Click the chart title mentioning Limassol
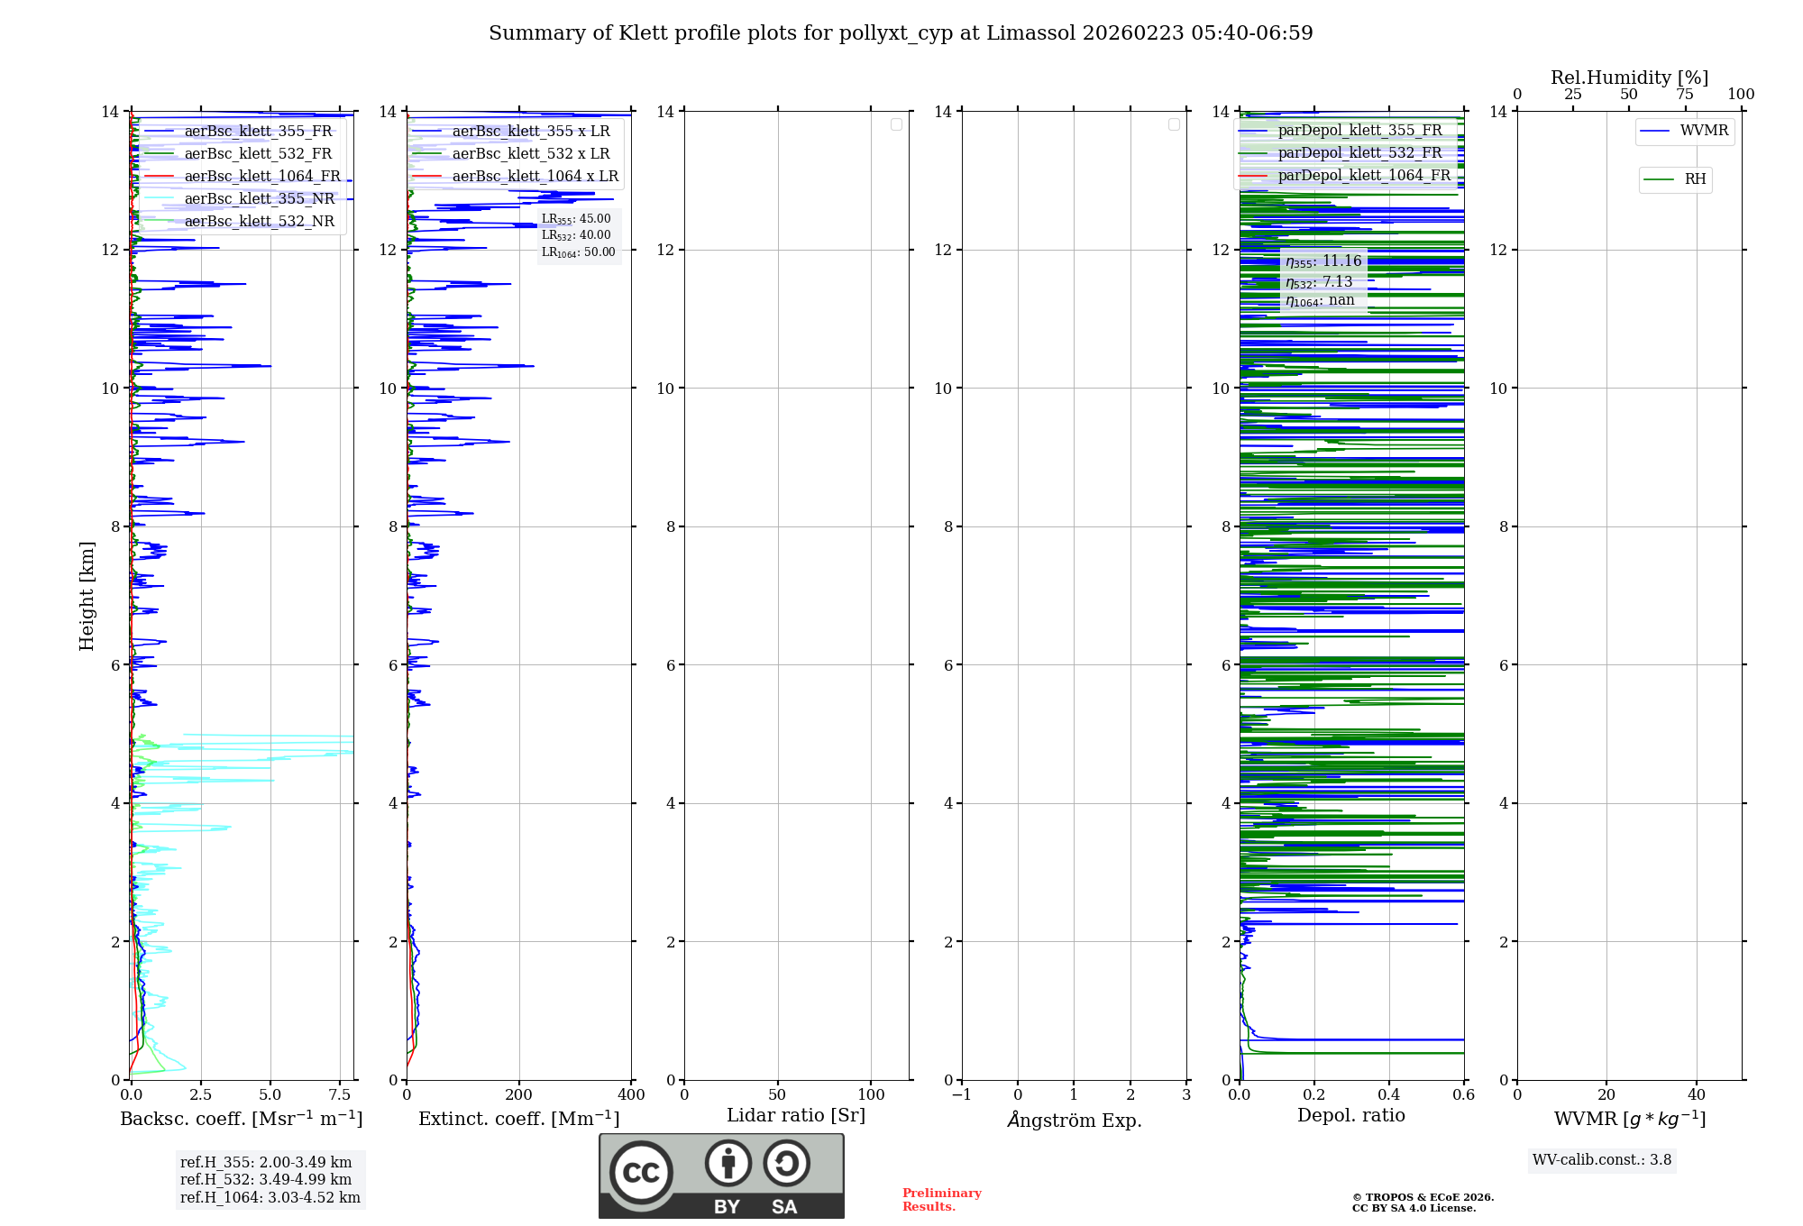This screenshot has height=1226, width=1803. (901, 33)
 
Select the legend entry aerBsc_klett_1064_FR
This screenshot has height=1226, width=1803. (261, 177)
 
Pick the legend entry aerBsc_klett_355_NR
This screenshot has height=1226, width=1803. (259, 199)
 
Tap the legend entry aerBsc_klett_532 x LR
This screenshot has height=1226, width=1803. (530, 154)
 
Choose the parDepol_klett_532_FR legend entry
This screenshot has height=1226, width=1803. (1359, 153)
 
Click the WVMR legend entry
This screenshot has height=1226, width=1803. (1703, 131)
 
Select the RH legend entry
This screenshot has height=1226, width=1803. (1694, 179)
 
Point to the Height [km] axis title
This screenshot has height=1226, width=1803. (87, 596)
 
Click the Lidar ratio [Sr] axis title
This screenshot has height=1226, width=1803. (796, 1115)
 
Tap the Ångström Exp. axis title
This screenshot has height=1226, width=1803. (1075, 1120)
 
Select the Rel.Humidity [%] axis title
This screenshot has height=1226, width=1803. (1629, 78)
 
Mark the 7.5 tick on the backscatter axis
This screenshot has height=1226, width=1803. (340, 1095)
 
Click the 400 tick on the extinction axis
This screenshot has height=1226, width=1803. (631, 1095)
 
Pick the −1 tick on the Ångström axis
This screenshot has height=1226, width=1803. (962, 1095)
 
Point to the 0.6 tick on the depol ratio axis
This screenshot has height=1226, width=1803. (1463, 1095)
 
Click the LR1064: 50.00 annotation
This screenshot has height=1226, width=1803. (578, 252)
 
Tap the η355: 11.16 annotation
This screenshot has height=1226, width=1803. (1323, 261)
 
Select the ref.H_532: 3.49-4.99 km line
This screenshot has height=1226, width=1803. (266, 1180)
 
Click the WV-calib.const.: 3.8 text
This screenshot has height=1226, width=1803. (1602, 1160)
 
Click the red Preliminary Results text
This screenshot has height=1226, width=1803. (941, 1200)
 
